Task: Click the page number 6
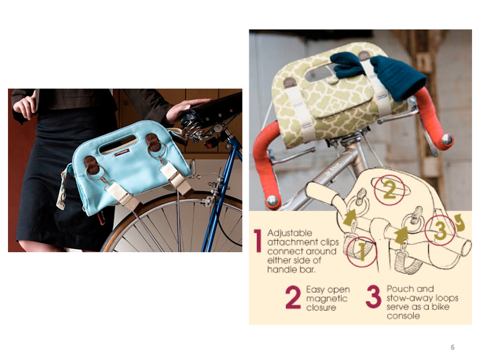point(452,347)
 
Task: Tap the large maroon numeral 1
point(258,241)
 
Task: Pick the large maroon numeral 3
point(374,296)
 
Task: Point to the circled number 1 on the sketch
point(361,252)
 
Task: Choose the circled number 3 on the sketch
point(440,230)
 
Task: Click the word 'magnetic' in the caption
point(327,299)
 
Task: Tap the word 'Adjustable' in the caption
point(290,233)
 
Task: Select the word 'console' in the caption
point(403,316)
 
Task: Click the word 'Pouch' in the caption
point(397,289)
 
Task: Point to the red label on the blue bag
point(122,152)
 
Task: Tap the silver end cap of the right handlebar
point(447,139)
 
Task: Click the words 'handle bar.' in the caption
point(291,270)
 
